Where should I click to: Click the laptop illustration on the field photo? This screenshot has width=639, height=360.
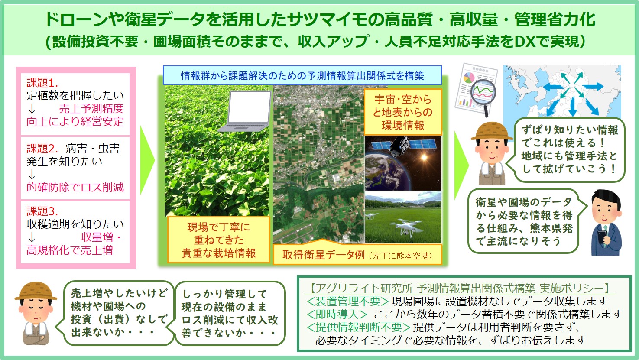pyautogui.click(x=245, y=111)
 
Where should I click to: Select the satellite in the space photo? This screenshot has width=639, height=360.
pyautogui.click(x=403, y=146)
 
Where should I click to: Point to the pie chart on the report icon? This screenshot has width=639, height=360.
pyautogui.click(x=469, y=77)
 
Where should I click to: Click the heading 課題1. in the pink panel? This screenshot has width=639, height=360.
pyautogui.click(x=42, y=82)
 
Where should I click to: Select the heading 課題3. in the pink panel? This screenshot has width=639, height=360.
pyautogui.click(x=42, y=211)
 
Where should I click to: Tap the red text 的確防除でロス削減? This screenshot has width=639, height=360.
pyautogui.click(x=75, y=187)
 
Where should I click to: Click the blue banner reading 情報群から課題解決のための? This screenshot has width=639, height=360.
pyautogui.click(x=302, y=75)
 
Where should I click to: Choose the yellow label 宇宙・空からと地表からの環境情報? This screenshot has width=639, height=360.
pyautogui.click(x=403, y=112)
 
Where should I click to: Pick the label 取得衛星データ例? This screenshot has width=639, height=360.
pyautogui.click(x=324, y=255)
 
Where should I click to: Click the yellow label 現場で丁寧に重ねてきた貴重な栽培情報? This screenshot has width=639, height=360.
pyautogui.click(x=218, y=240)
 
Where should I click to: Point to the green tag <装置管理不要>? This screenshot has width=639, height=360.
pyautogui.click(x=347, y=301)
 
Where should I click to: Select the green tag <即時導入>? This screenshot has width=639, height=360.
pyautogui.click(x=337, y=314)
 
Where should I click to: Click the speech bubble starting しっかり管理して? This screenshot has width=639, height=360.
pyautogui.click(x=230, y=313)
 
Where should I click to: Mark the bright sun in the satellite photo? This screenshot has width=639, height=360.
pyautogui.click(x=424, y=157)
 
